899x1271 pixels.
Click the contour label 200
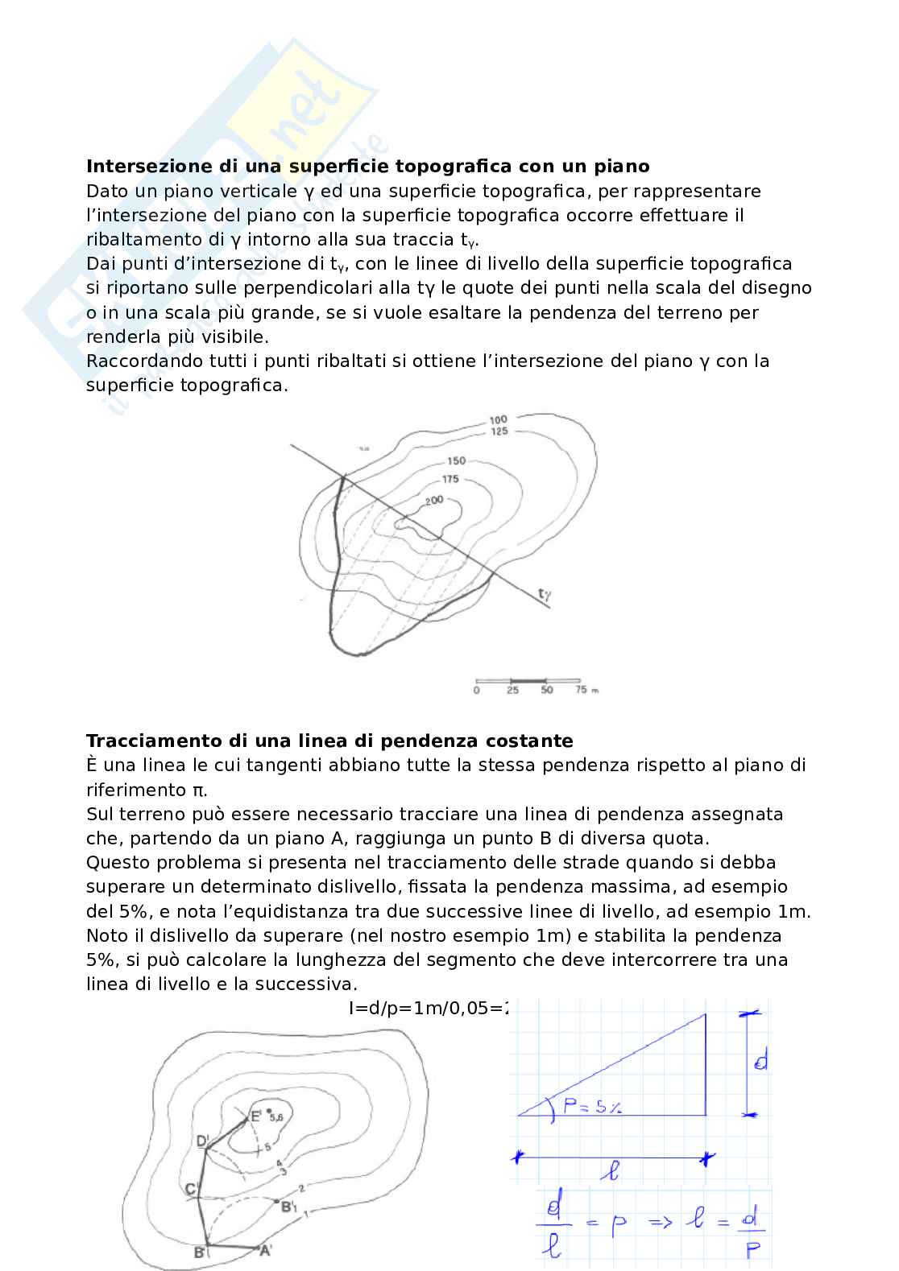click(434, 500)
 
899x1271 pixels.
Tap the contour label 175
click(450, 479)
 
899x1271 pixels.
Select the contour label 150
click(457, 461)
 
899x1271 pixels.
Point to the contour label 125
click(499, 432)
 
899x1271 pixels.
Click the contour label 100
click(499, 419)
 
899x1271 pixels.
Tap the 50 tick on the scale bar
click(547, 691)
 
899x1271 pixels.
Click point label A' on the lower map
click(265, 1250)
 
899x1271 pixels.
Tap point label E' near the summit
click(255, 1116)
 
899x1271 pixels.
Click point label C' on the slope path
click(191, 1190)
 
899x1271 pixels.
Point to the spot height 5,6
click(276, 1117)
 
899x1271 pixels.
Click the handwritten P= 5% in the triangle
click(591, 1108)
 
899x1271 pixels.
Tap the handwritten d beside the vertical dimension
click(760, 1063)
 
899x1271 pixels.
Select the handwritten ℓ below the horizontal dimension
click(612, 1173)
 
